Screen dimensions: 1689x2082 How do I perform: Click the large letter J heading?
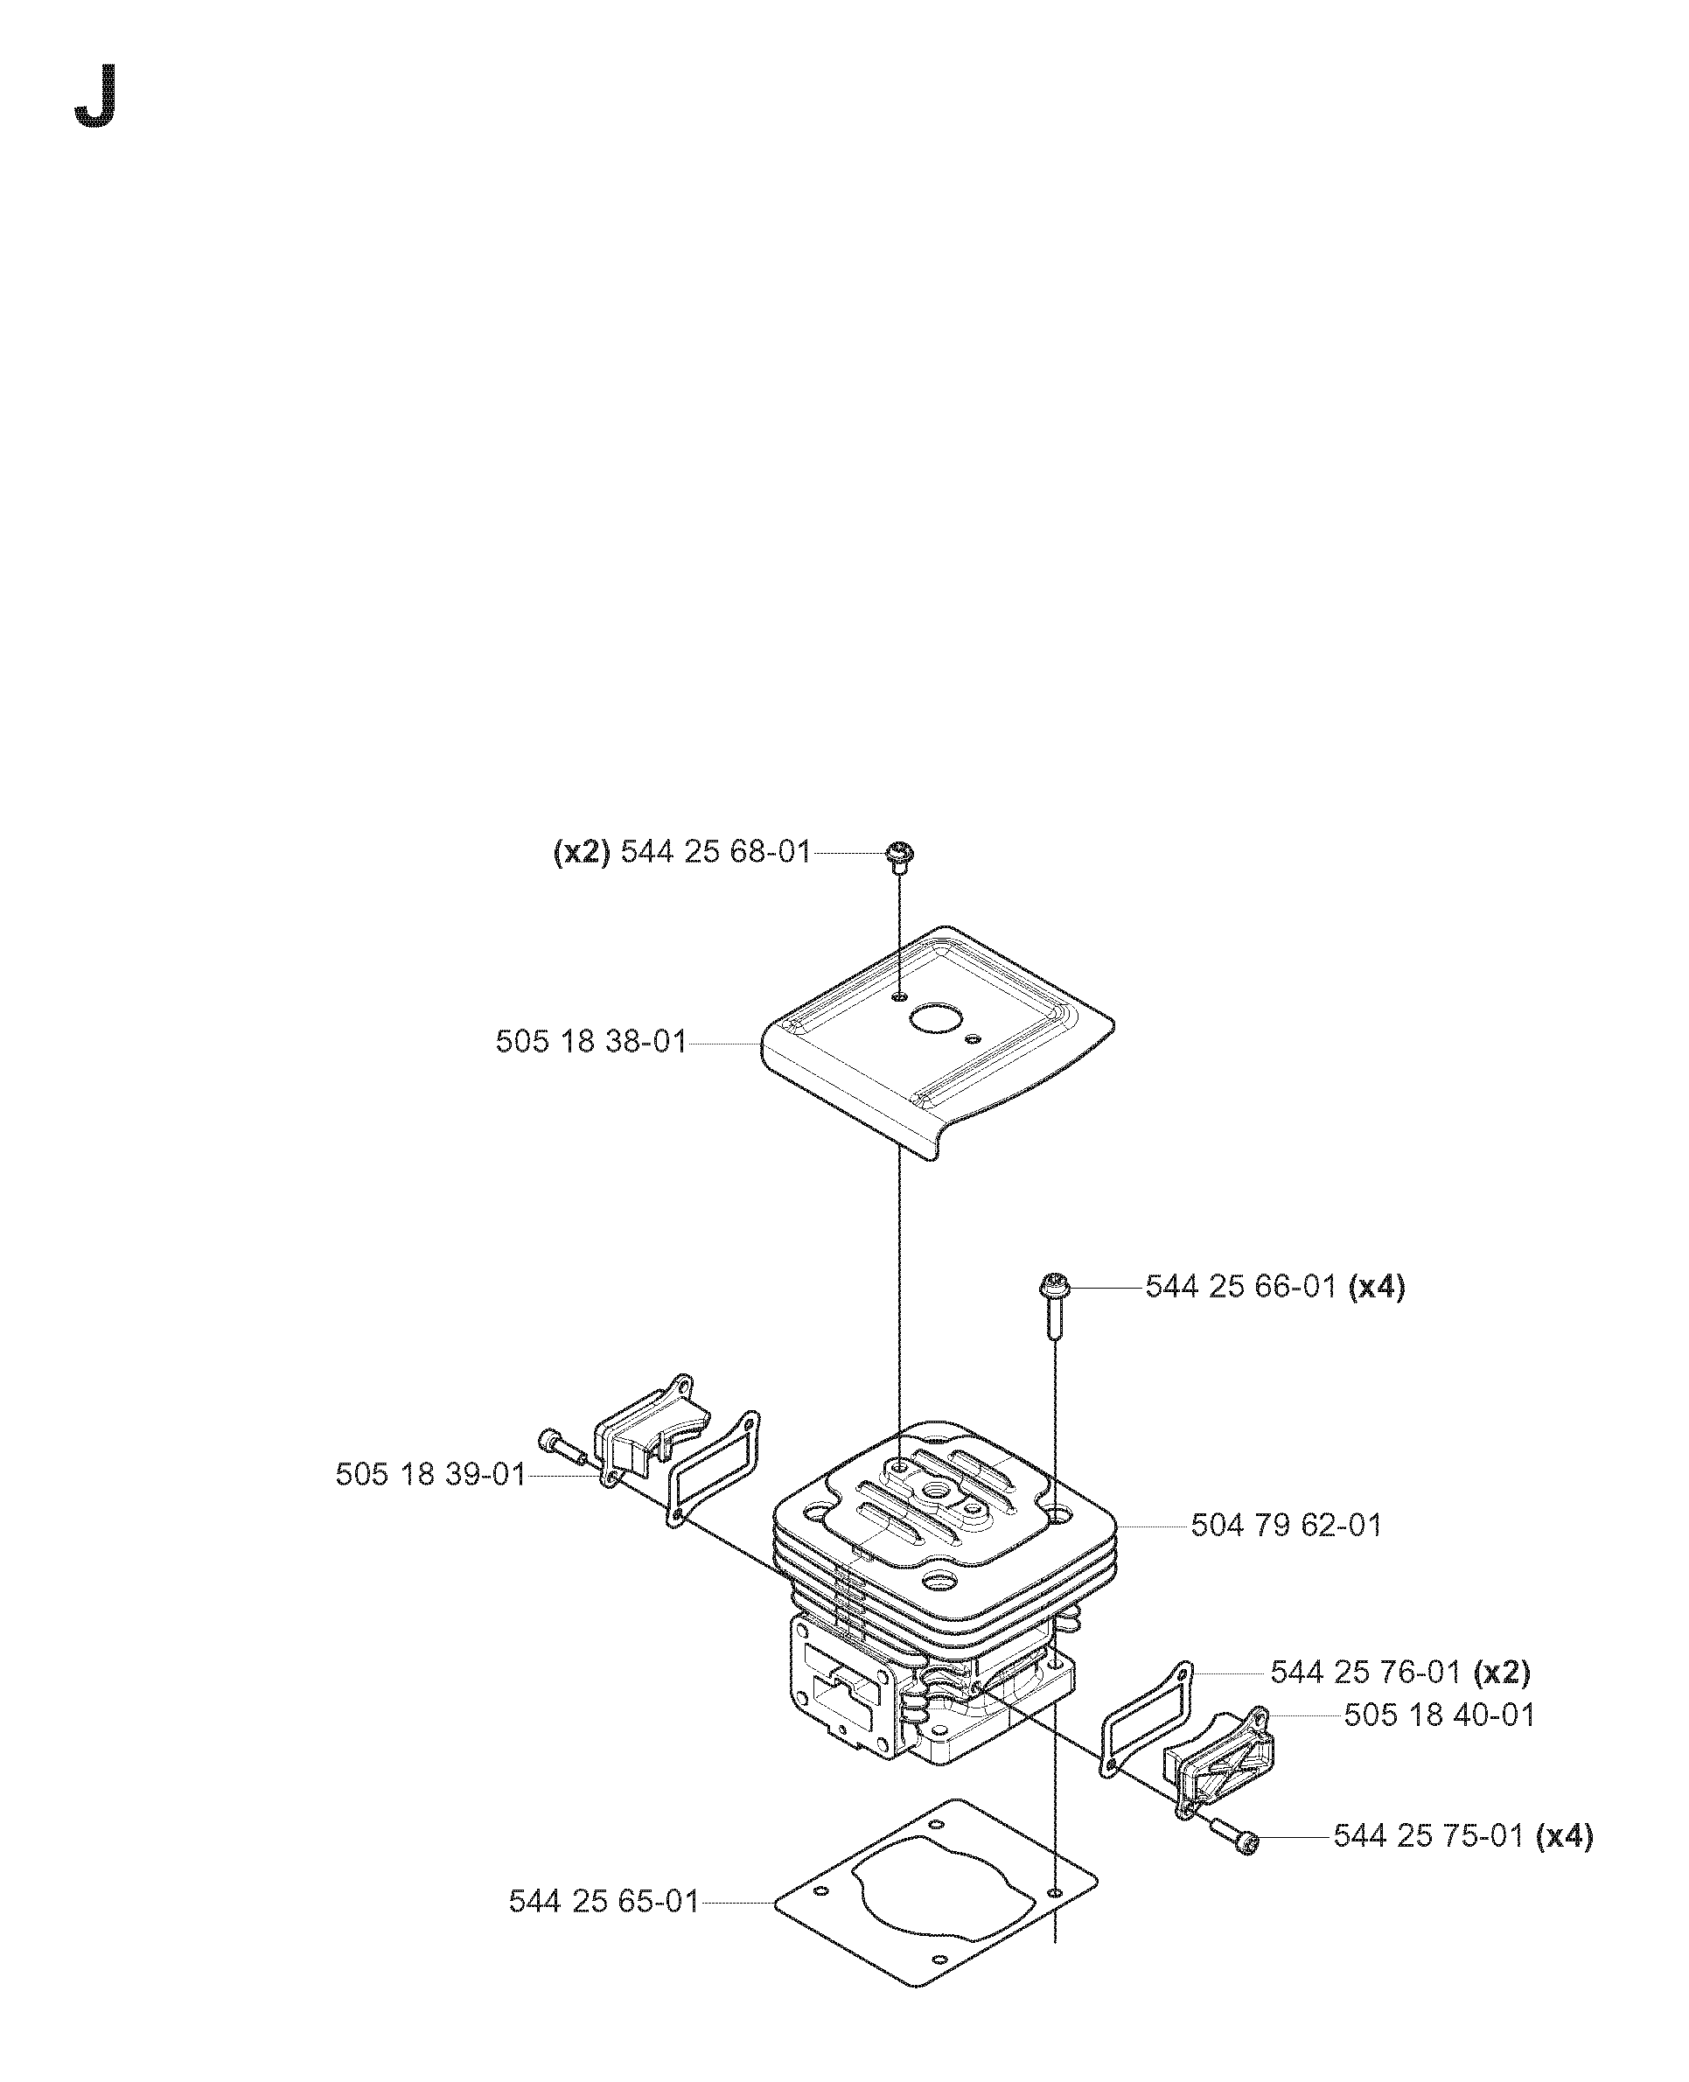[x=96, y=96]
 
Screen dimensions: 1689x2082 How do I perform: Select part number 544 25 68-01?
[x=715, y=852]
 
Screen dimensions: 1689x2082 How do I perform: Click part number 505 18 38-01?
[x=590, y=1042]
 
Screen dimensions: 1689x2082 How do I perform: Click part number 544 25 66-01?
[x=1240, y=1287]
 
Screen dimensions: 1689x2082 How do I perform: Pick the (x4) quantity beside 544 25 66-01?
[x=1377, y=1287]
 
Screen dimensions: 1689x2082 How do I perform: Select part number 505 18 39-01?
[x=430, y=1501]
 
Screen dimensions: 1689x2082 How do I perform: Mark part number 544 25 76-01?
[x=1365, y=1673]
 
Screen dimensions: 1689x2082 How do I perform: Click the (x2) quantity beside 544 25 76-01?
[x=1502, y=1673]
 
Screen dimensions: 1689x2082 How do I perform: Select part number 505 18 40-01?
[x=1439, y=1715]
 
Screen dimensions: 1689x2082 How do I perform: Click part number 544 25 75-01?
[x=1427, y=1836]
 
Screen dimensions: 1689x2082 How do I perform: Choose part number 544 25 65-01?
[x=604, y=1901]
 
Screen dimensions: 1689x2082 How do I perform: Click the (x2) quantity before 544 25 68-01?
[x=582, y=852]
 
